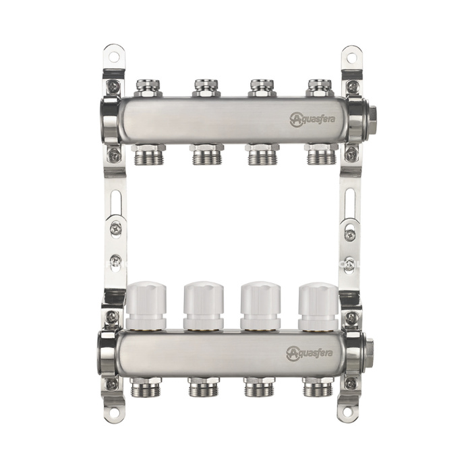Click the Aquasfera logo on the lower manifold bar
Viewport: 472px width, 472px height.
309,353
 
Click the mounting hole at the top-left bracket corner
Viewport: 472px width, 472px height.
113,57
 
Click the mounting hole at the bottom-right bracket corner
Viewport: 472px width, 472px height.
351,412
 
